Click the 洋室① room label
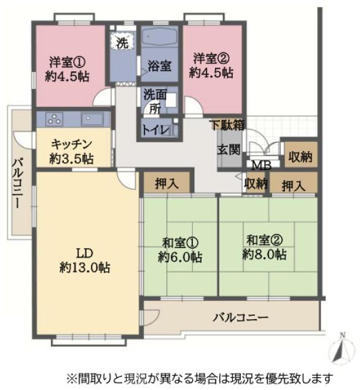click(69, 67)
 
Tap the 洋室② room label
click(211, 65)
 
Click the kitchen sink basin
click(93, 119)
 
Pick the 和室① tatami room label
click(180, 249)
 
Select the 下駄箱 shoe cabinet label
click(226, 125)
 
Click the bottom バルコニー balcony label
click(241, 318)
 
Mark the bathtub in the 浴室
click(160, 38)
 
